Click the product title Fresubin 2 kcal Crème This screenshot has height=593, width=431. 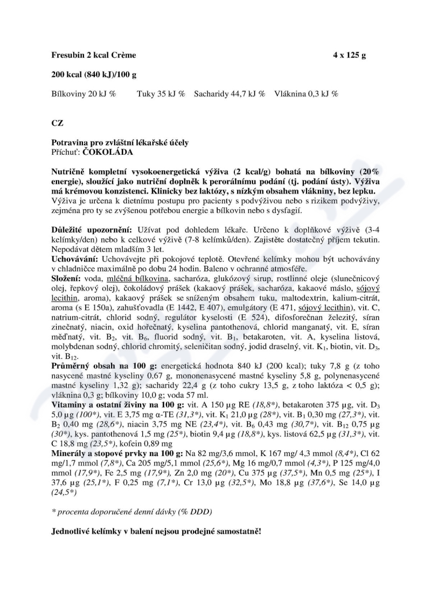(93, 55)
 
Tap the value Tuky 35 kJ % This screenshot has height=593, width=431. (161, 94)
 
